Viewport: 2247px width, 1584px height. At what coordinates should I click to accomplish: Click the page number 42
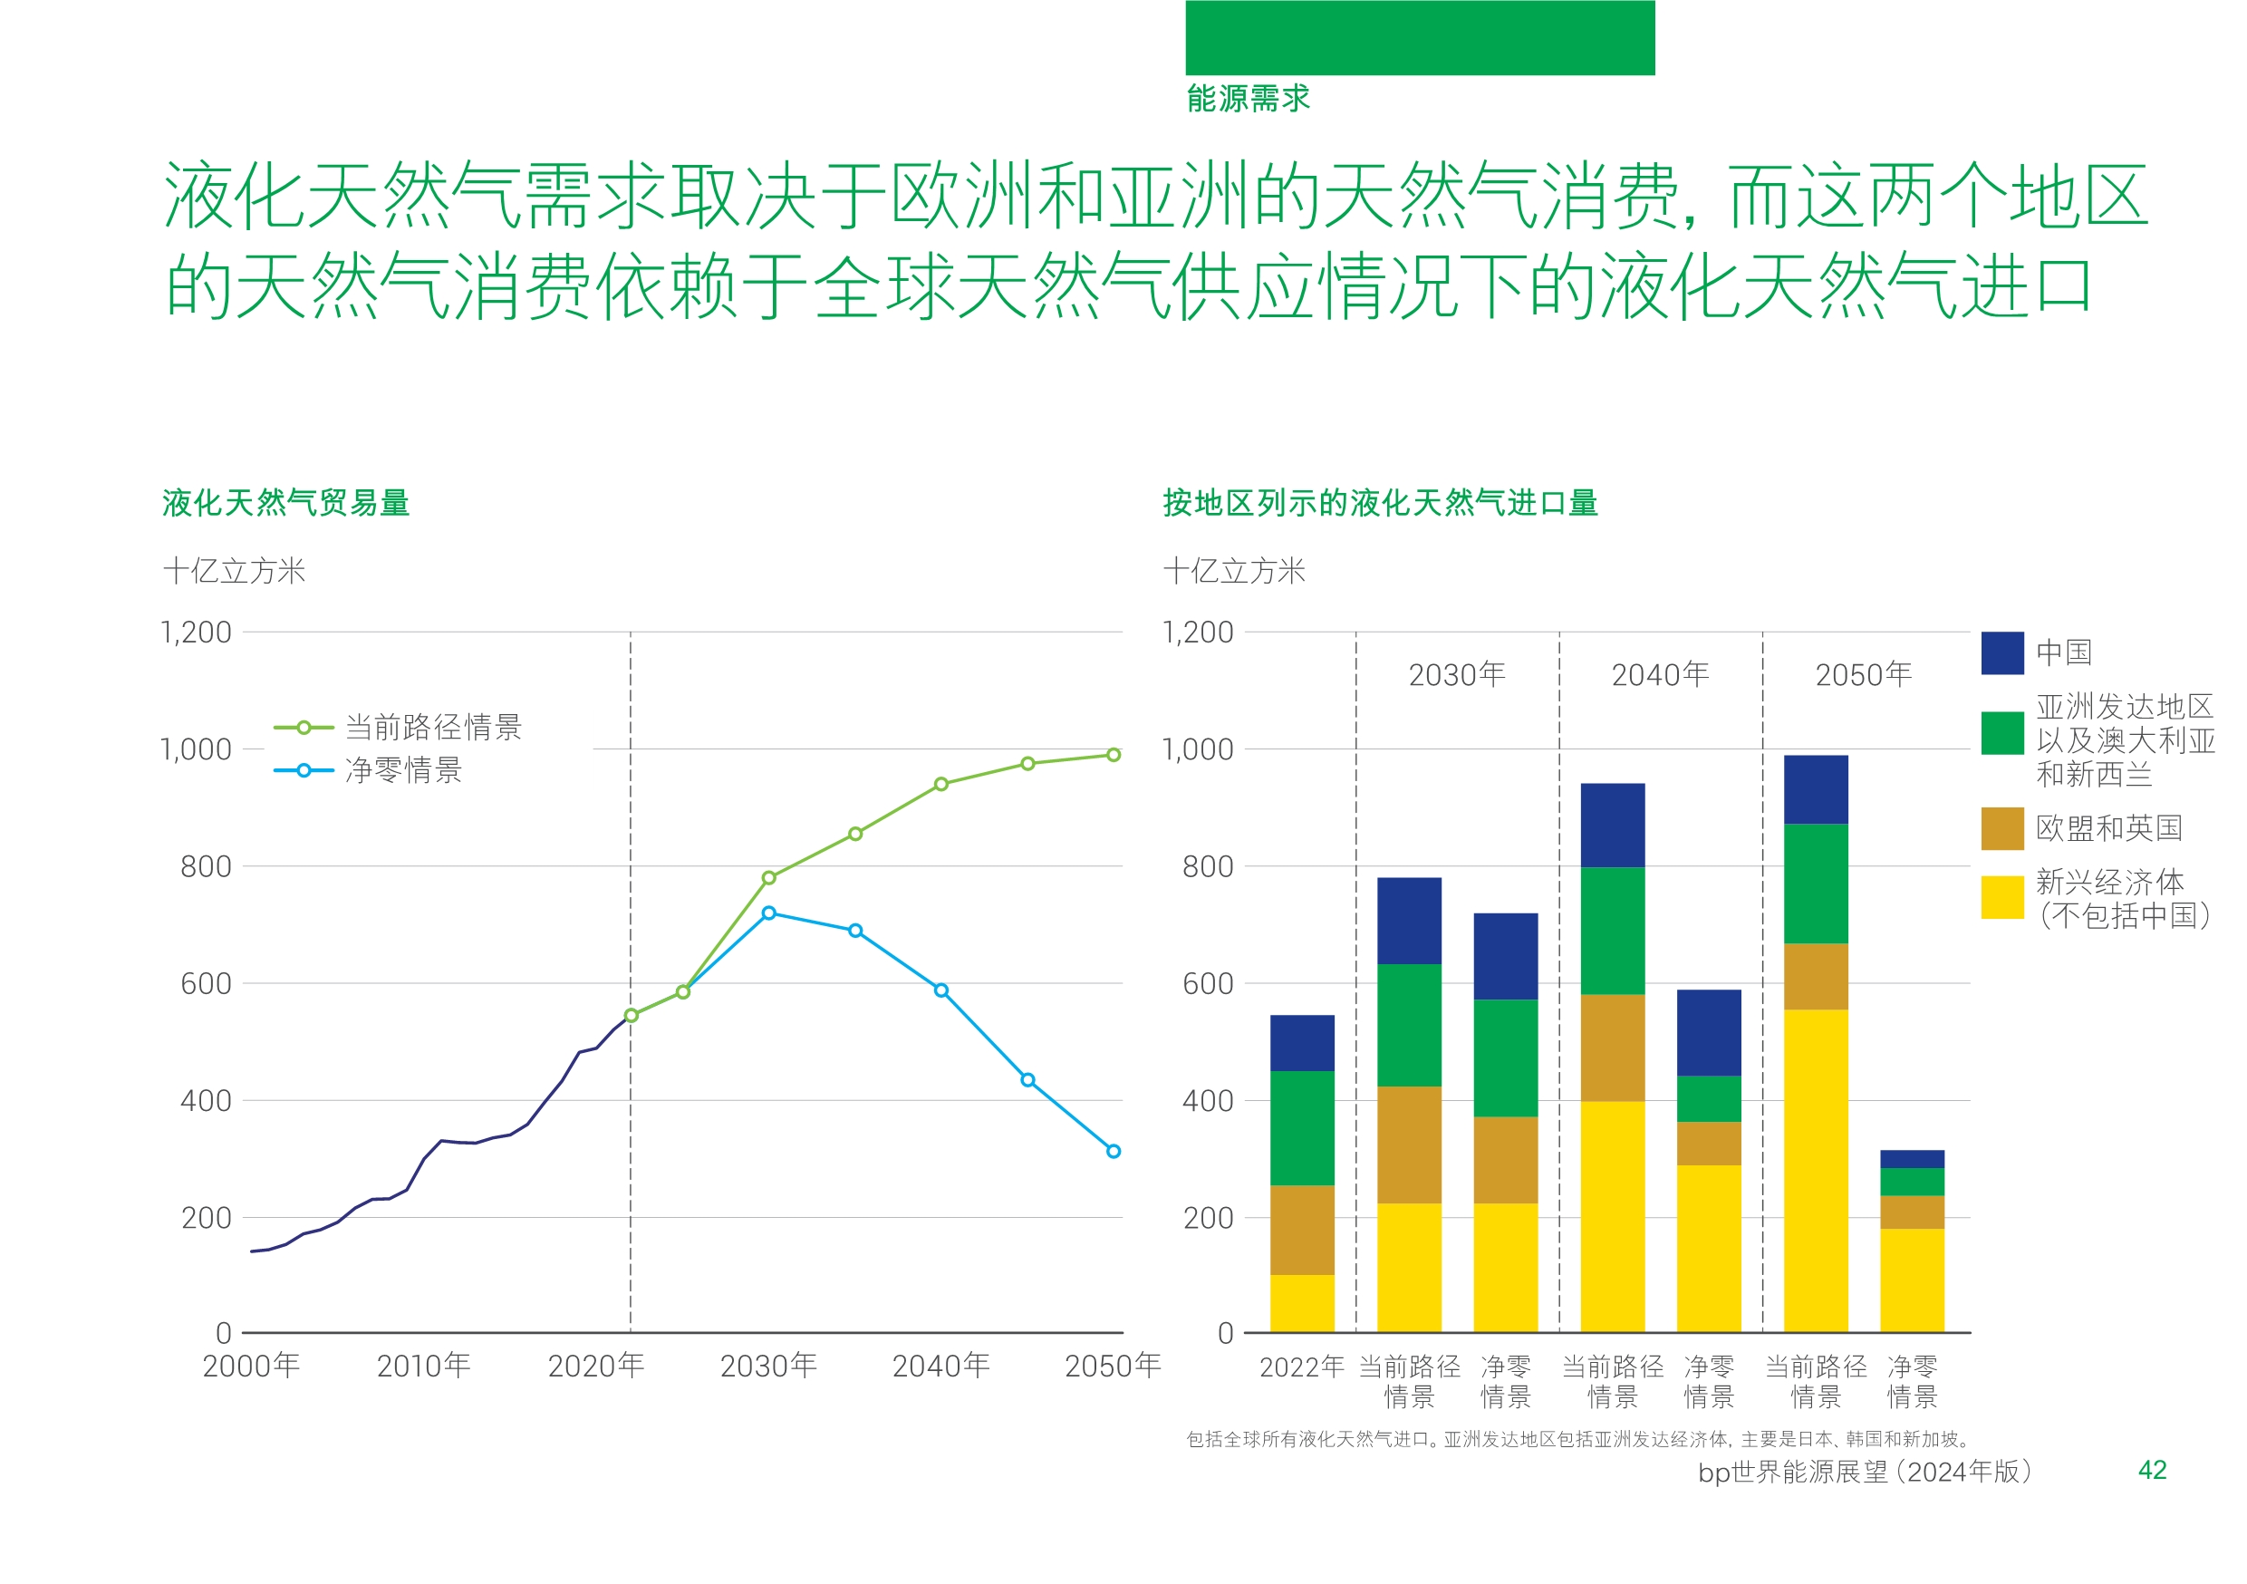[2151, 1470]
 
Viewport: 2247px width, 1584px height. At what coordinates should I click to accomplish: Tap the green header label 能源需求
[1248, 98]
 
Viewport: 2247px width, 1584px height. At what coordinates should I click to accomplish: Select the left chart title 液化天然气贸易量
[285, 502]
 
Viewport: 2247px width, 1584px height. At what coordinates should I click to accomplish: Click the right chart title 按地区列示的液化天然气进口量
[1380, 502]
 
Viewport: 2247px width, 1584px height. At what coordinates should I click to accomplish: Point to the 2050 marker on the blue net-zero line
[1113, 1151]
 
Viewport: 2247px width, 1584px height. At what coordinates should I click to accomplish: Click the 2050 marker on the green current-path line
[1113, 755]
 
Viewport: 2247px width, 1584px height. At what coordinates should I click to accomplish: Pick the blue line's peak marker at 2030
[768, 913]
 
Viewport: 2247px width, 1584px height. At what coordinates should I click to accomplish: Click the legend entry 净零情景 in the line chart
[402, 770]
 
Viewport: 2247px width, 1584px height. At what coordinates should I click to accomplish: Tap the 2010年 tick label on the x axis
[424, 1365]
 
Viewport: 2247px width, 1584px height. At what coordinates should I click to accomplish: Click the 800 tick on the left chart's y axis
[206, 866]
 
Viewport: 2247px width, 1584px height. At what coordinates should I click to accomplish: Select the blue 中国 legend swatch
[2001, 653]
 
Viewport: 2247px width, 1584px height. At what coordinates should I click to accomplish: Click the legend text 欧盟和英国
[2108, 828]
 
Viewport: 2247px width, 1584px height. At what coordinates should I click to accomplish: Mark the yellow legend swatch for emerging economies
[2001, 897]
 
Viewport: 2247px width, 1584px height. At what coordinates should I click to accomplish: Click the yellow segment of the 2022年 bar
[1302, 1303]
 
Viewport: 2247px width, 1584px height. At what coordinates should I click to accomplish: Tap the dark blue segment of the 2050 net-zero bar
[1912, 1159]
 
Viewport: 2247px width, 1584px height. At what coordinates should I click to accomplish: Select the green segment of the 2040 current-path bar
[1612, 931]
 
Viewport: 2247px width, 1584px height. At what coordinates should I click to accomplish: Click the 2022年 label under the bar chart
[1302, 1367]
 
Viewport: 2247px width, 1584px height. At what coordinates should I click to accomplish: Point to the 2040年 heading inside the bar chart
[1660, 674]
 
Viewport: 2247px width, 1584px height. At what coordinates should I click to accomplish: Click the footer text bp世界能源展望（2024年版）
[1864, 1472]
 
